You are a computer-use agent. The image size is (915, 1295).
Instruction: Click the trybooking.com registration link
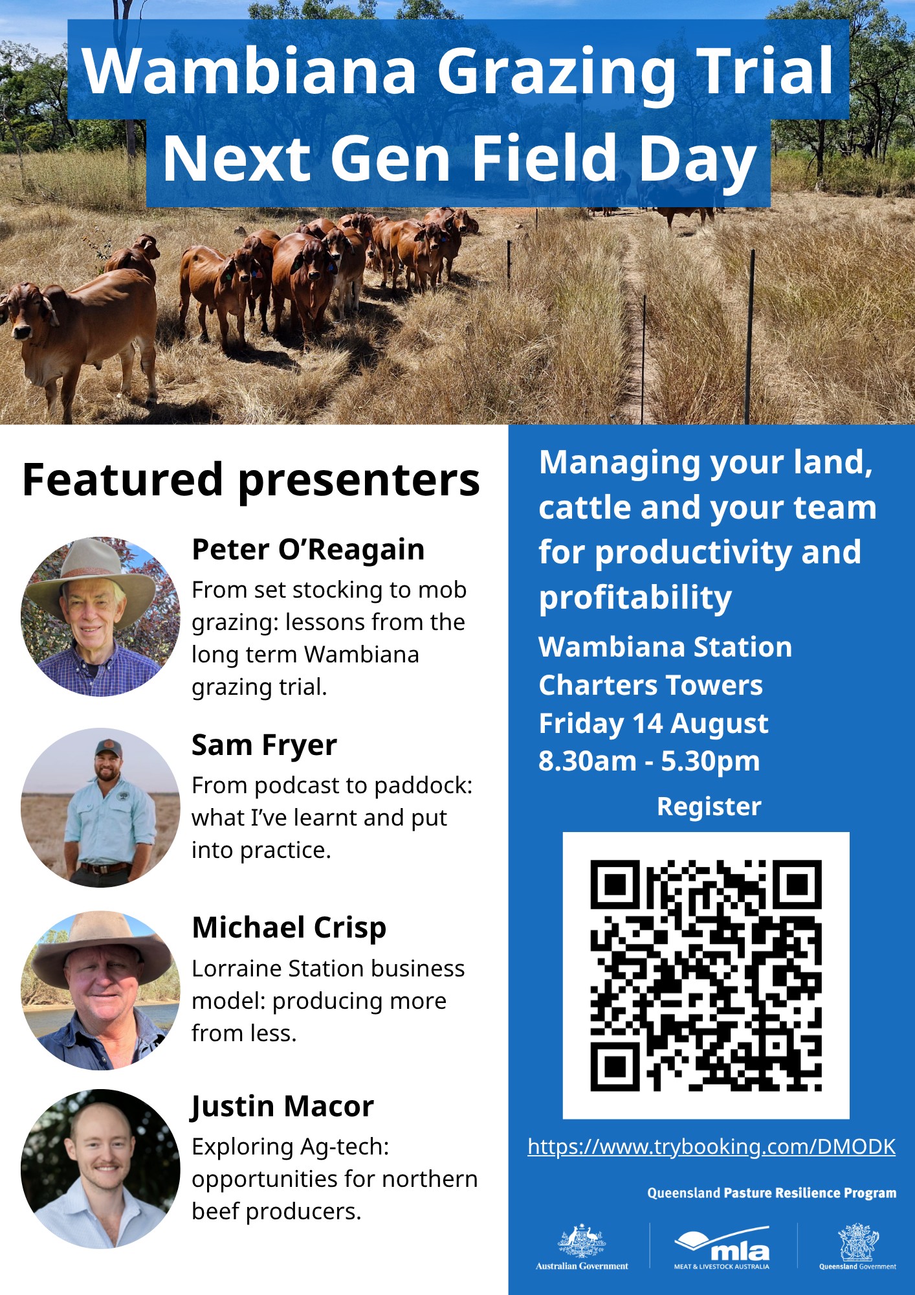click(x=711, y=1147)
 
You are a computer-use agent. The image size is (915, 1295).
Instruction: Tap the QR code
click(x=706, y=975)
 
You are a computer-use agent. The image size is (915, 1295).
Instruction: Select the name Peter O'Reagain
click(x=308, y=550)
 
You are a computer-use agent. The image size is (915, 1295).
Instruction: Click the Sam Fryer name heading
click(x=264, y=746)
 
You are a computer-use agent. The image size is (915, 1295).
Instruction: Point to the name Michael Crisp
click(x=289, y=928)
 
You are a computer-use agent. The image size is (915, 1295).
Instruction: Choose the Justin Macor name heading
click(x=283, y=1107)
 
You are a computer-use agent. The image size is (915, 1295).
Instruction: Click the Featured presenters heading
click(x=251, y=480)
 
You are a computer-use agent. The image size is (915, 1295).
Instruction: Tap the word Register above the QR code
click(x=709, y=807)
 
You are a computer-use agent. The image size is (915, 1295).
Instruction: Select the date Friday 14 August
click(x=654, y=723)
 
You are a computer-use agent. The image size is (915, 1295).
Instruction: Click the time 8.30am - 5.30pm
click(x=649, y=761)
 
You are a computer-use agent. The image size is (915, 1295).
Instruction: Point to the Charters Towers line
click(x=650, y=685)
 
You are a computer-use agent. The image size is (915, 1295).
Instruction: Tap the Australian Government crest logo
click(x=582, y=1247)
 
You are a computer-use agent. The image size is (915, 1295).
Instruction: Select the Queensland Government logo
click(x=858, y=1247)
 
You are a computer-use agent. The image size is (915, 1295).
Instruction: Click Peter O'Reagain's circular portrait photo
click(x=100, y=616)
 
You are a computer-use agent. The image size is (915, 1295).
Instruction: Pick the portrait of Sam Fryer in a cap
click(x=100, y=807)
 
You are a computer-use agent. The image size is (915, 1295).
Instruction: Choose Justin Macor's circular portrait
click(x=100, y=1169)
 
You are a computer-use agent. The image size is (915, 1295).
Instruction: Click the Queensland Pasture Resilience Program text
click(x=772, y=1193)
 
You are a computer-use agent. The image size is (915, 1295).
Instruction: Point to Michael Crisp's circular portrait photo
click(x=100, y=991)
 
